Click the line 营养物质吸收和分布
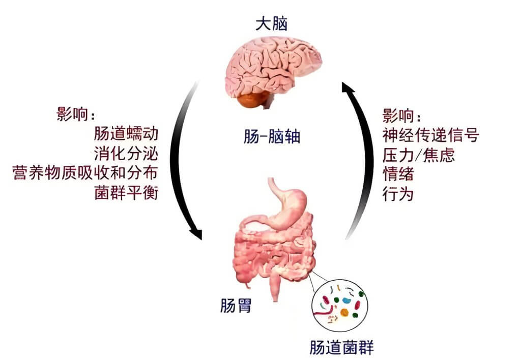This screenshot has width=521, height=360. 85,173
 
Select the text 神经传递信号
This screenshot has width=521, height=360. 430,135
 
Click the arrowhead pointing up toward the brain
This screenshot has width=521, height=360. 349,91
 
